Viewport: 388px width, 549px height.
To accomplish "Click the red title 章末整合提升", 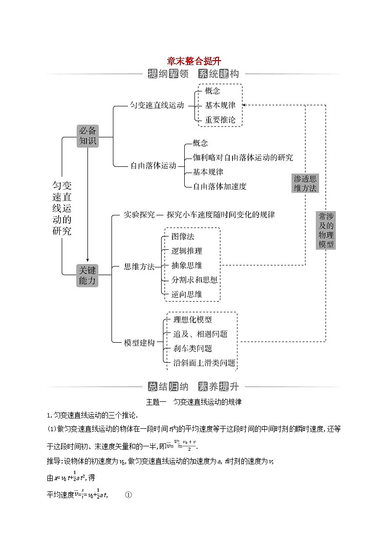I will coord(194,61).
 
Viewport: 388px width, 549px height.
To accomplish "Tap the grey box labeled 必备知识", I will coord(88,135).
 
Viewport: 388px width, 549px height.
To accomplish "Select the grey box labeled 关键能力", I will coord(88,275).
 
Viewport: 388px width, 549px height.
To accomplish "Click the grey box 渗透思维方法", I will coord(305,183).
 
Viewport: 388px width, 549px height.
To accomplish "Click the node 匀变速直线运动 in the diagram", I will coord(157,106).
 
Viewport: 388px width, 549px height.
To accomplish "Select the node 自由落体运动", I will coord(153,166).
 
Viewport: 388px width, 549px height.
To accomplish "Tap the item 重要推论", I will coord(220,119).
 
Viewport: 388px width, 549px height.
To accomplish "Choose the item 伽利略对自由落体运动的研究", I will coord(243,157).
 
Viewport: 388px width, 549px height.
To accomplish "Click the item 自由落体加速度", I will coord(219,186).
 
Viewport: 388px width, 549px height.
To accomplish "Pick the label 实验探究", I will coord(139,215).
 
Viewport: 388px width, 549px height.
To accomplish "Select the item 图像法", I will coord(183,237).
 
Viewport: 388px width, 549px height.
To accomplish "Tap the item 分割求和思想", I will coord(194,280).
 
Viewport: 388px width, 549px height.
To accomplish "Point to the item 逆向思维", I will coord(187,294).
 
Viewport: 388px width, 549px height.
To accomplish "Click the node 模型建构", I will coord(139,343).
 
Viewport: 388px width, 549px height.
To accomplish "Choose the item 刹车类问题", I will coord(193,349).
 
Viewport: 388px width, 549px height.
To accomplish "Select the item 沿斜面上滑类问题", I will coord(204,363).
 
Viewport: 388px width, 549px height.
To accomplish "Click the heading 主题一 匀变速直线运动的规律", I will coord(194,402).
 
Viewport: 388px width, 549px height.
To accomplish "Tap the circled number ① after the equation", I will coord(129,495).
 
